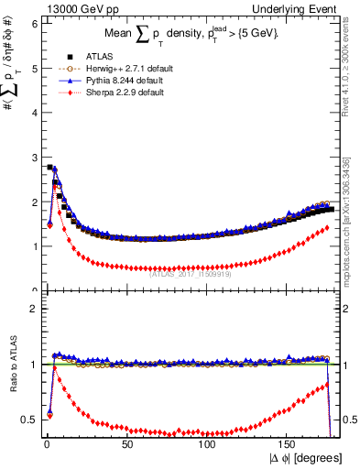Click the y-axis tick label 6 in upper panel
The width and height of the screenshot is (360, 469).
point(34,24)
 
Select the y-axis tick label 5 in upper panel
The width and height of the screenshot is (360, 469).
point(34,69)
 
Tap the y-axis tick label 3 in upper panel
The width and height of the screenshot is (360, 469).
point(34,158)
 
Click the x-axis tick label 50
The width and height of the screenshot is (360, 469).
point(126,444)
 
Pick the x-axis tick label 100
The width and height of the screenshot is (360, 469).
point(208,444)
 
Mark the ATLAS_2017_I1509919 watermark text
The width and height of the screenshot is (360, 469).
point(191,272)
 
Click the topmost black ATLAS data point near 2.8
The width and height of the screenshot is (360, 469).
point(49,167)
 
